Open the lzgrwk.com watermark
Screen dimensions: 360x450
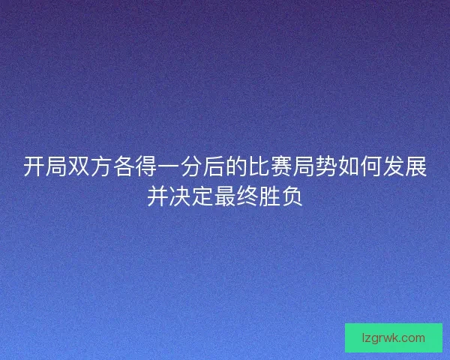click(393, 337)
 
